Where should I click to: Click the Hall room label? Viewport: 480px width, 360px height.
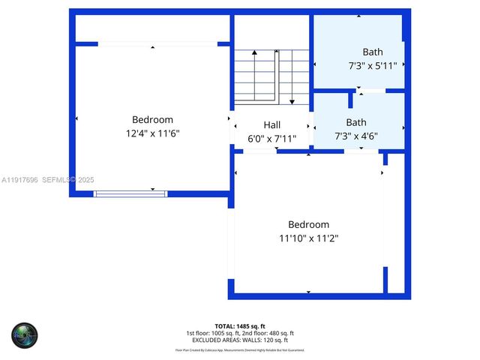(x=271, y=124)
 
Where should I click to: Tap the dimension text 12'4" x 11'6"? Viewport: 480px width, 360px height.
(x=152, y=133)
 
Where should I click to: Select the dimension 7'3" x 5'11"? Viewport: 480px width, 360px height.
(x=373, y=66)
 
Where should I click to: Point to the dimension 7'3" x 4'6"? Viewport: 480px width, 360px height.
(x=356, y=136)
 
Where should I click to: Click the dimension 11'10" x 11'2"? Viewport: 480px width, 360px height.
(x=308, y=238)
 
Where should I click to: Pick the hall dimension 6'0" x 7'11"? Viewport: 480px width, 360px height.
(x=271, y=139)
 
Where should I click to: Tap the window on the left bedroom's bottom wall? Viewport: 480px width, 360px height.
(x=130, y=193)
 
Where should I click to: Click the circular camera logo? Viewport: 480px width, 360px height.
(x=24, y=334)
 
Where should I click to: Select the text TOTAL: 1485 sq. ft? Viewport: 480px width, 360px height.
(x=240, y=326)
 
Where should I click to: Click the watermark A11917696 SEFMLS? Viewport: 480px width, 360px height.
(x=49, y=180)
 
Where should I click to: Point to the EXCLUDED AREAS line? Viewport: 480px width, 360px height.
(x=240, y=340)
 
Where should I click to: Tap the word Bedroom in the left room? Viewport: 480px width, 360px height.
(x=152, y=119)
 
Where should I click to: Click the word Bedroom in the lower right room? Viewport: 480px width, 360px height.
(x=308, y=224)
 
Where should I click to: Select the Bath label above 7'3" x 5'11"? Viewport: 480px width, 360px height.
(x=373, y=52)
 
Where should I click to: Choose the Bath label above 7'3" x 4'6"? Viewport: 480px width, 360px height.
(x=356, y=122)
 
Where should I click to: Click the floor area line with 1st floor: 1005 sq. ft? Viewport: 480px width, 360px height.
(x=240, y=333)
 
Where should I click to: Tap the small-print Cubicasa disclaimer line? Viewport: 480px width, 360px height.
(x=240, y=349)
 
